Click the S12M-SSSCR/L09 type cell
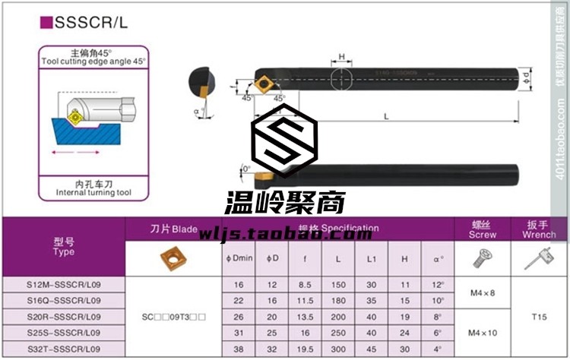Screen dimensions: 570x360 64,286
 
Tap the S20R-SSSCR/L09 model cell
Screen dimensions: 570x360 64,316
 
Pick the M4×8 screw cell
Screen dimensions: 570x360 482,293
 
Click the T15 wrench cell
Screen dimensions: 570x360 540,316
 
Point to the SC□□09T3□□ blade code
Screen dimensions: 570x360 174,316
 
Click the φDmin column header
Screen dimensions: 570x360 239,259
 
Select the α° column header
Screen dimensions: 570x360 438,259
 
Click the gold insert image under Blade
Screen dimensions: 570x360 174,259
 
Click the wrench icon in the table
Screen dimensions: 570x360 540,259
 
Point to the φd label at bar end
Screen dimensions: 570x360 526,75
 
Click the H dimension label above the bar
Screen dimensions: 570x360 342,57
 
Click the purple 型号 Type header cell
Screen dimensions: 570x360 64,246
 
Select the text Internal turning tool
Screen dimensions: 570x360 94,193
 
